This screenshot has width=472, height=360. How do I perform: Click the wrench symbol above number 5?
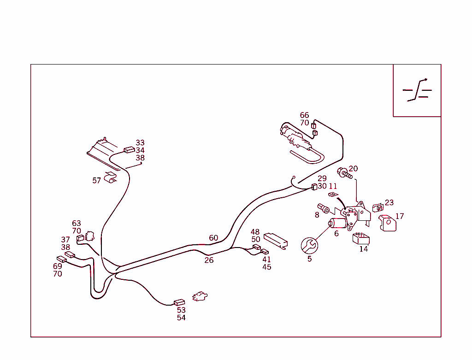point(309,246)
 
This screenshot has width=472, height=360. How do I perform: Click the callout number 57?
point(97,181)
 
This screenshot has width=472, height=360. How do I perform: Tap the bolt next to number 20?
point(345,173)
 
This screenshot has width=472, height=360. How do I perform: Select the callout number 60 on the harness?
point(213,238)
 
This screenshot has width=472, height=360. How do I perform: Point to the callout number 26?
point(209,260)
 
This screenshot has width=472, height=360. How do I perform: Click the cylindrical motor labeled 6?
point(337,223)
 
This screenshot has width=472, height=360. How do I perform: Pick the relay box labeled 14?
point(361,239)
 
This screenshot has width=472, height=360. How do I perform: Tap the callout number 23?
point(389,202)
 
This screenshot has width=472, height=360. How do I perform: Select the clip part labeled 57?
point(111,177)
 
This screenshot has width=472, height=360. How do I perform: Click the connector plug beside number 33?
point(130,150)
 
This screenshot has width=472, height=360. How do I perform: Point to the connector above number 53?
point(179,302)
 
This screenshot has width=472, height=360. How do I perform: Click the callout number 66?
point(304,115)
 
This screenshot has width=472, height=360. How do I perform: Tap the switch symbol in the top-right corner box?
point(417,90)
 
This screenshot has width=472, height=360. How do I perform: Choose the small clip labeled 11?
point(333,195)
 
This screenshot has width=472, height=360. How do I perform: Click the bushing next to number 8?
point(324,208)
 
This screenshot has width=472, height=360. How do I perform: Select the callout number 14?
point(364,249)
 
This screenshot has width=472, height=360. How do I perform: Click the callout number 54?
point(181,318)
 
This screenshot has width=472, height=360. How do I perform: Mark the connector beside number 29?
point(314,187)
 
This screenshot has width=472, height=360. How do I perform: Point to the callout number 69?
point(58,266)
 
